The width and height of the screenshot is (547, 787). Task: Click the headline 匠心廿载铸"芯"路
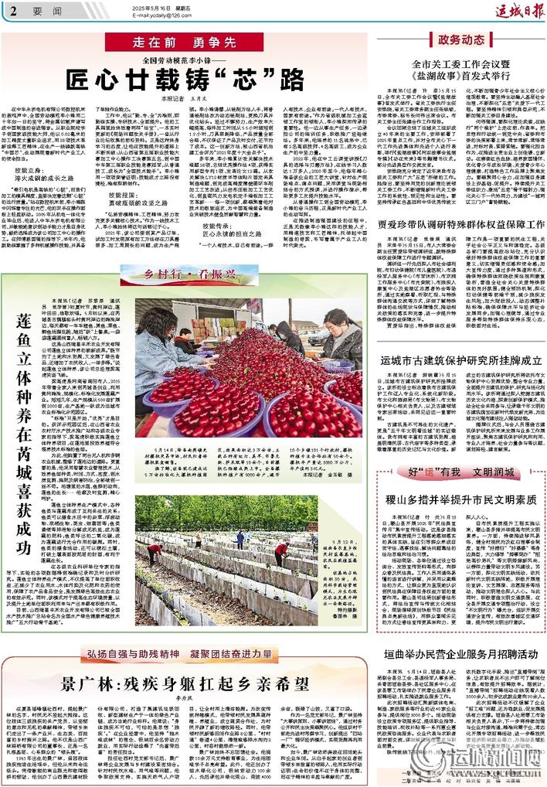pos(189,79)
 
